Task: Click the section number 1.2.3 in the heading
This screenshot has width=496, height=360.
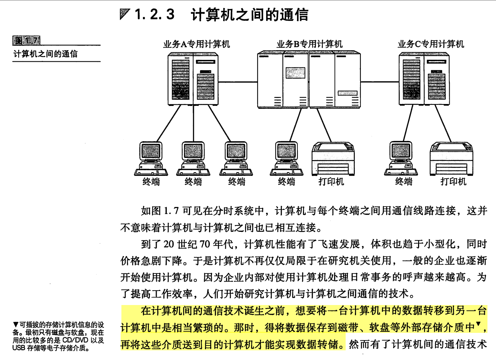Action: point(154,14)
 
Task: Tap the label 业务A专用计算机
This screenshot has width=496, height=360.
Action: point(196,44)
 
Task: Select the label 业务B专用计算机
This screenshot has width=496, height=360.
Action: point(309,44)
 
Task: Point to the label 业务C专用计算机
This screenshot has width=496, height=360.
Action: point(431,44)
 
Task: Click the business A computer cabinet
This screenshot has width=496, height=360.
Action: point(193,79)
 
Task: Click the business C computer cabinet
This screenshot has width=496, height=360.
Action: point(424,79)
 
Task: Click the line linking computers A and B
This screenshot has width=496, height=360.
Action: point(238,82)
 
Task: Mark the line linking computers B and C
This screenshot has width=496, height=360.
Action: point(379,82)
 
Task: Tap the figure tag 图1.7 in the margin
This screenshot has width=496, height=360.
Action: point(26,40)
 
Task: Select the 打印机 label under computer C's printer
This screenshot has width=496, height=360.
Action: point(453,182)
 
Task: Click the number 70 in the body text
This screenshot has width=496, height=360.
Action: point(205,244)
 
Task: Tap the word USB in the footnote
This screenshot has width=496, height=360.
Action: point(19,348)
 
